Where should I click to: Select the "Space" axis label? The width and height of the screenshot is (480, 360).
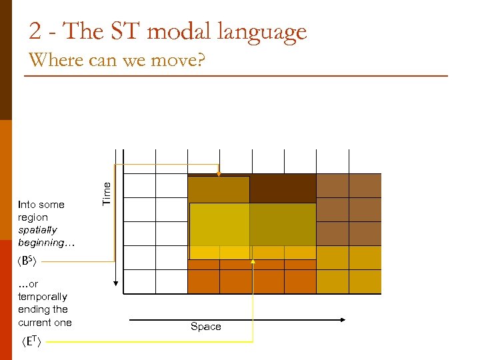tap(205, 326)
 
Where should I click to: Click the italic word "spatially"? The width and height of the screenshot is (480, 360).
tap(37, 230)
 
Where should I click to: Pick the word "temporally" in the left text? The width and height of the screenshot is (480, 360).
tap(43, 297)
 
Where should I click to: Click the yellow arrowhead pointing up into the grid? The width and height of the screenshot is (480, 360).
tap(253, 262)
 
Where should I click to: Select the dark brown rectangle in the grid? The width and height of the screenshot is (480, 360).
tap(283, 189)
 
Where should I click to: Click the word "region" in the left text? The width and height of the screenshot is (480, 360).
tap(33, 217)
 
